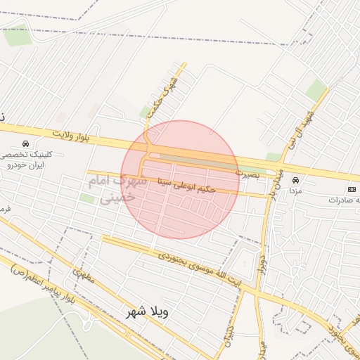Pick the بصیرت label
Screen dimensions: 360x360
[247, 172]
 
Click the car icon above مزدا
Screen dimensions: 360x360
[295, 180]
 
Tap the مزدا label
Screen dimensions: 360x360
[295, 191]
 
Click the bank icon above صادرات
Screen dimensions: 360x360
[352, 190]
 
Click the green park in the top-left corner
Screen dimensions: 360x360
[17, 35]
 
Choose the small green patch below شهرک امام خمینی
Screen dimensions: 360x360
[87, 199]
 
